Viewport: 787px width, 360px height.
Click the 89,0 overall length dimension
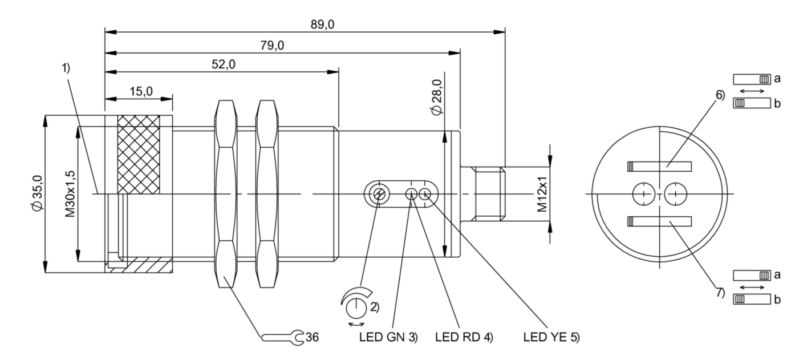322,25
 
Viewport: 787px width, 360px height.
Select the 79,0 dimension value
272,45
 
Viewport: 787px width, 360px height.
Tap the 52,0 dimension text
224,64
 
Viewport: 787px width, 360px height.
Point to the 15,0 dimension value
141,91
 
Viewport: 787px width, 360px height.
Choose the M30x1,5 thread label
70,194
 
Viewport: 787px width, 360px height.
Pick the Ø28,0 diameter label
437,97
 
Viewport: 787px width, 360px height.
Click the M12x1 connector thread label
542,194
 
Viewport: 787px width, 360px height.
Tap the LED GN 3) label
388,337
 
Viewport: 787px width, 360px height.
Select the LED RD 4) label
464,337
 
